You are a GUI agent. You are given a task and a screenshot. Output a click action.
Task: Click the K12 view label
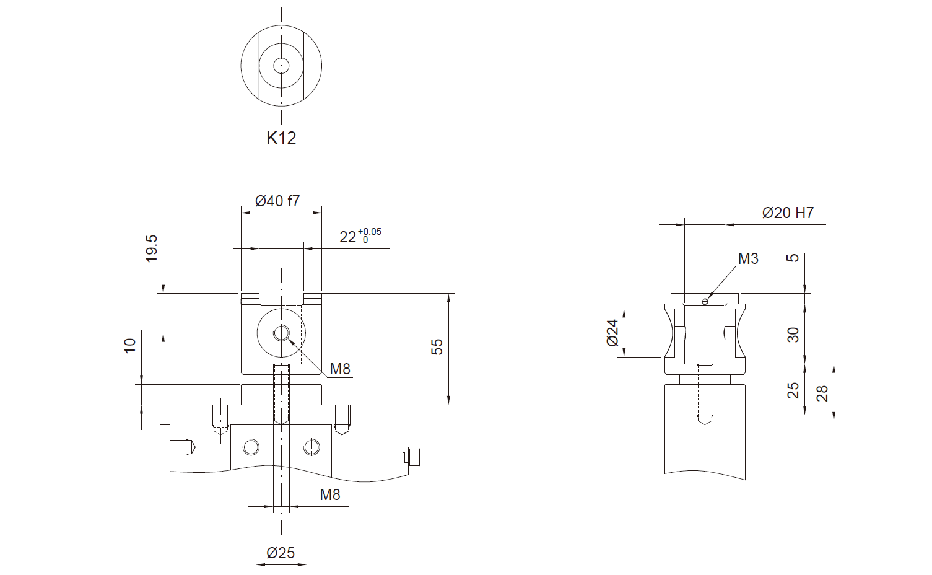pyautogui.click(x=281, y=138)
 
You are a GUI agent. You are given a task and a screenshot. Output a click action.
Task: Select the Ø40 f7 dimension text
pyautogui.click(x=277, y=201)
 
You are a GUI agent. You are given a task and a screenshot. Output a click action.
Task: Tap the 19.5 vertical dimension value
pyautogui.click(x=152, y=248)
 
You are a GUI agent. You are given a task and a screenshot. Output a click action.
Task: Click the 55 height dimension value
pyautogui.click(x=437, y=347)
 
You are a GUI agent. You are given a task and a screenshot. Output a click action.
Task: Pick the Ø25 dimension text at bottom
pyautogui.click(x=281, y=553)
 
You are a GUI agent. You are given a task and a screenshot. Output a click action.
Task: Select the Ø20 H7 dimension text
pyautogui.click(x=788, y=213)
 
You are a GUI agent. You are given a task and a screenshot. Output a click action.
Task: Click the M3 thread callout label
pyautogui.click(x=748, y=258)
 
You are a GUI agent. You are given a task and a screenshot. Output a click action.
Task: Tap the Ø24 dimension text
pyautogui.click(x=613, y=333)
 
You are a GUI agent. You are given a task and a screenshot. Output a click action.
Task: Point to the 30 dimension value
pyautogui.click(x=793, y=335)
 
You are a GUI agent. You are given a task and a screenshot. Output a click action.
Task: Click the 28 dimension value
pyautogui.click(x=822, y=393)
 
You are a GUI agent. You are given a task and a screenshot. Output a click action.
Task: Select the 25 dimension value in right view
pyautogui.click(x=793, y=390)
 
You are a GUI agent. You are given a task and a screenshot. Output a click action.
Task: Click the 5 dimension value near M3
pyautogui.click(x=793, y=258)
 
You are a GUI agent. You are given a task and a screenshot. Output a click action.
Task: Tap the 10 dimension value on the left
pyautogui.click(x=130, y=346)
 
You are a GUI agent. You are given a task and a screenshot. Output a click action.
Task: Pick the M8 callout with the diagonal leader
pyautogui.click(x=340, y=369)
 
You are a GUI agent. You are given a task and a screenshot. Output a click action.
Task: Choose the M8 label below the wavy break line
pyautogui.click(x=330, y=494)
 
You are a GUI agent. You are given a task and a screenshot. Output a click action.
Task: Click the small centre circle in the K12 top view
pyautogui.click(x=281, y=66)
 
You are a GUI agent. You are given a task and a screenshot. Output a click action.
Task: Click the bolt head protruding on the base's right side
pyautogui.click(x=411, y=457)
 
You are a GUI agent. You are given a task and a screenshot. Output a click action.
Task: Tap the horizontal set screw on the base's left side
pyautogui.click(x=183, y=447)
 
